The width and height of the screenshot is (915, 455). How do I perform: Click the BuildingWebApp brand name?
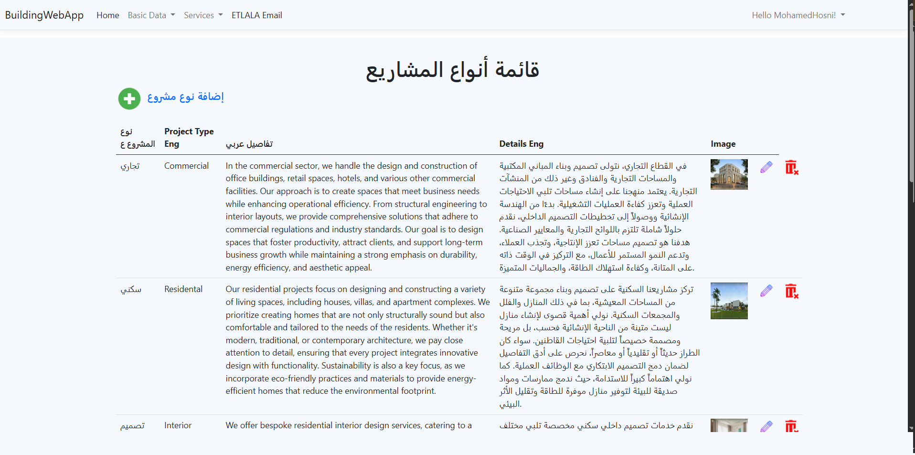click(x=44, y=15)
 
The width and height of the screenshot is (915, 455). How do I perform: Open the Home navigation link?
click(x=108, y=15)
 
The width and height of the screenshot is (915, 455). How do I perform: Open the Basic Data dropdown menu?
click(x=151, y=15)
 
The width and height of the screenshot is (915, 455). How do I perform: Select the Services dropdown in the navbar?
click(x=203, y=15)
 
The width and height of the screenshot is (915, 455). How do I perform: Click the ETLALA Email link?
click(x=257, y=15)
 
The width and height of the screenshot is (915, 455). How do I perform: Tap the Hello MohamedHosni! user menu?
click(x=798, y=15)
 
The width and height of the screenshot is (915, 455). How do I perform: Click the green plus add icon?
click(x=129, y=99)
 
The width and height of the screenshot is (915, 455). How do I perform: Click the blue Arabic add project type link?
click(x=186, y=97)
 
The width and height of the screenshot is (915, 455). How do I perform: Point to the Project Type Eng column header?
click(x=189, y=138)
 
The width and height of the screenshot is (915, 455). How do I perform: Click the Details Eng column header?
click(x=521, y=144)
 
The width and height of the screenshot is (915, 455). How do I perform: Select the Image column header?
click(x=723, y=144)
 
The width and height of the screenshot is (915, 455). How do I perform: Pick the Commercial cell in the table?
click(x=186, y=166)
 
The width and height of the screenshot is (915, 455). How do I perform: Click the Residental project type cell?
click(x=183, y=289)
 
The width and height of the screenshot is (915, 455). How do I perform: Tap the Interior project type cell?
click(x=178, y=425)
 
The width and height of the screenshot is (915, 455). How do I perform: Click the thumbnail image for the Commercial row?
click(x=729, y=174)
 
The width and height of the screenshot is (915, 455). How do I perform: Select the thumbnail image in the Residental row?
click(x=729, y=301)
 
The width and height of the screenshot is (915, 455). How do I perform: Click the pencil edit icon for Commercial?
click(x=766, y=167)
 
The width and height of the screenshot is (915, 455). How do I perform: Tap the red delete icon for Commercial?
click(x=791, y=168)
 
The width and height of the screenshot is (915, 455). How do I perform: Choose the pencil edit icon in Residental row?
click(x=766, y=291)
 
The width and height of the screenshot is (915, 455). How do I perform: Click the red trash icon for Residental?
click(x=791, y=291)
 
